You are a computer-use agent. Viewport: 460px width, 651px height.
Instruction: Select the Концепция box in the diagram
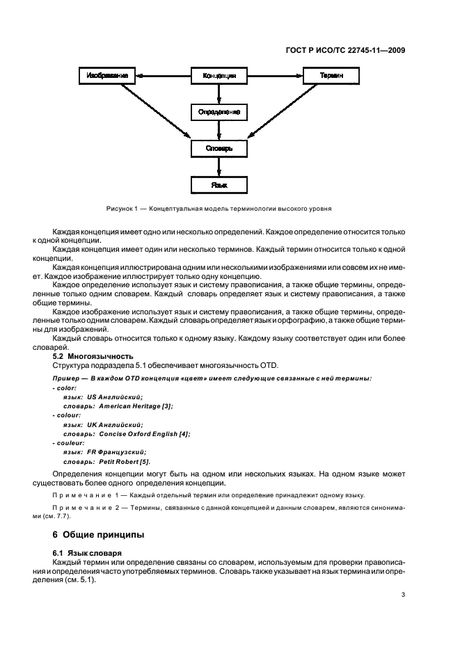(x=219, y=75)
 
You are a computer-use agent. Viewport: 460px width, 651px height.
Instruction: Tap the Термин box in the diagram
(x=331, y=75)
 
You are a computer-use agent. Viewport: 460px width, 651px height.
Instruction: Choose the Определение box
(x=219, y=111)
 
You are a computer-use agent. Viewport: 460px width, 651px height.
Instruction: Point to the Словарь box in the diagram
(x=219, y=148)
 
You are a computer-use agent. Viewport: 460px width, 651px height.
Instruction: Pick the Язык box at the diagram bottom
(x=219, y=185)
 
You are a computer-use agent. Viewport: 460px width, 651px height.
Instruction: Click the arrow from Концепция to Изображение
(x=162, y=75)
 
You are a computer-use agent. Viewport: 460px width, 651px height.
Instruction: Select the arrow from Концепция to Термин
(x=275, y=75)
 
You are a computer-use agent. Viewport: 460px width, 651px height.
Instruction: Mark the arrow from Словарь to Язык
(x=219, y=166)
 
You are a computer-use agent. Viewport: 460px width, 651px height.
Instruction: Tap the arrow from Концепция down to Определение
(x=219, y=93)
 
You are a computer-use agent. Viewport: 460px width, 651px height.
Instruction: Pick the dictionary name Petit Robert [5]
(x=125, y=461)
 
